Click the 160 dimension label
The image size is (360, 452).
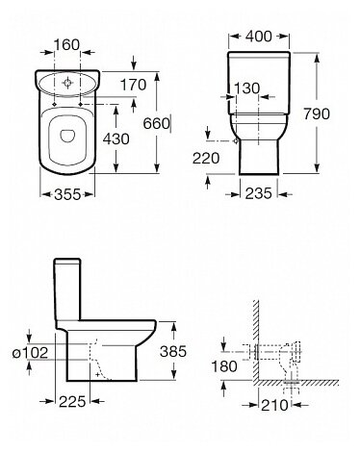pyautogui.click(x=66, y=44)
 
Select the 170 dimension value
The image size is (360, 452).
pyautogui.click(x=133, y=85)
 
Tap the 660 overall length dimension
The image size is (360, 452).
pyautogui.click(x=156, y=123)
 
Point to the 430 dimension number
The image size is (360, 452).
pyautogui.click(x=116, y=139)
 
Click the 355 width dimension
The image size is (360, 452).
pyautogui.click(x=67, y=194)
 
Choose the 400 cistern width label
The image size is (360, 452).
pyautogui.click(x=259, y=37)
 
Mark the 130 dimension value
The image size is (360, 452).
pyautogui.click(x=246, y=88)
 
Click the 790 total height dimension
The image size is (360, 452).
pyautogui.click(x=317, y=114)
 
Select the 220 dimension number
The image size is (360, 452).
pyautogui.click(x=206, y=158)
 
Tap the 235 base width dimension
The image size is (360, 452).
pyautogui.click(x=259, y=193)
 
